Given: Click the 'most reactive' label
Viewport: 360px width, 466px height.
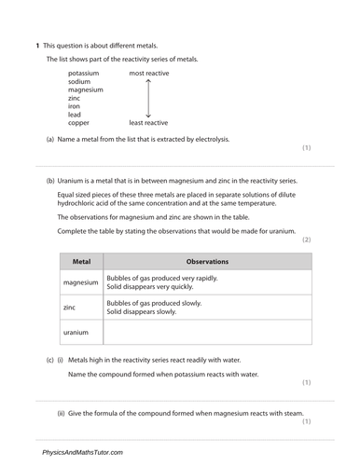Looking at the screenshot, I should [x=148, y=72].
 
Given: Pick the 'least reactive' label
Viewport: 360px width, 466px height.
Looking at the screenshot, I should [x=148, y=122].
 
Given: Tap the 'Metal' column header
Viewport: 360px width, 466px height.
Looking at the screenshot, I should [x=81, y=262].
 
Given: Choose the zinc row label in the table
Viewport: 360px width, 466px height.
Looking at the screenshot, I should [x=69, y=307].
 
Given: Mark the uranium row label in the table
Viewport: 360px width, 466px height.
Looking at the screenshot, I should [x=76, y=332].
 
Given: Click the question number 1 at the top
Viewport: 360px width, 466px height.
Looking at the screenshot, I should [x=37, y=46].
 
